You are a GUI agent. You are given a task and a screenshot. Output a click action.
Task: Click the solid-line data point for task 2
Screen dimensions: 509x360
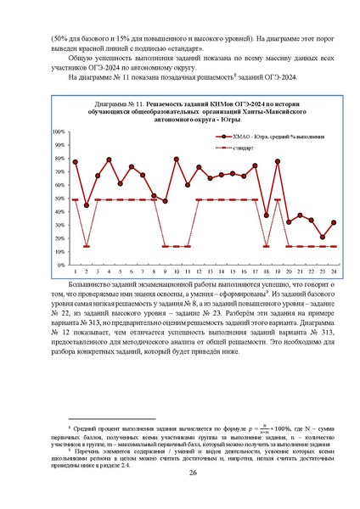pos(87,205)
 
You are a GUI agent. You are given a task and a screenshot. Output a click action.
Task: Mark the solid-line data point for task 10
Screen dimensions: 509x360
pos(177,159)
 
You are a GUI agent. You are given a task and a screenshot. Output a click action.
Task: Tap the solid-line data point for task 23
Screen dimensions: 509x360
pos(322,238)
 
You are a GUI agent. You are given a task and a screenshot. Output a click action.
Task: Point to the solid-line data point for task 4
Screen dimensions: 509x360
pos(109,159)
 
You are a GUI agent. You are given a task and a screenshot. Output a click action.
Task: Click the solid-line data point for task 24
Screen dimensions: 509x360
pos(333,222)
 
